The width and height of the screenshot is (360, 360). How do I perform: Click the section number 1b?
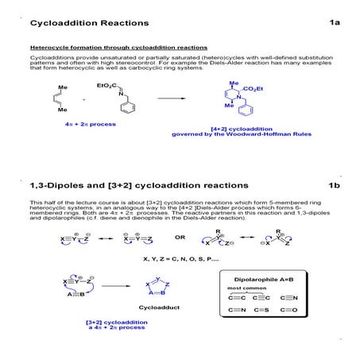point(335,185)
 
